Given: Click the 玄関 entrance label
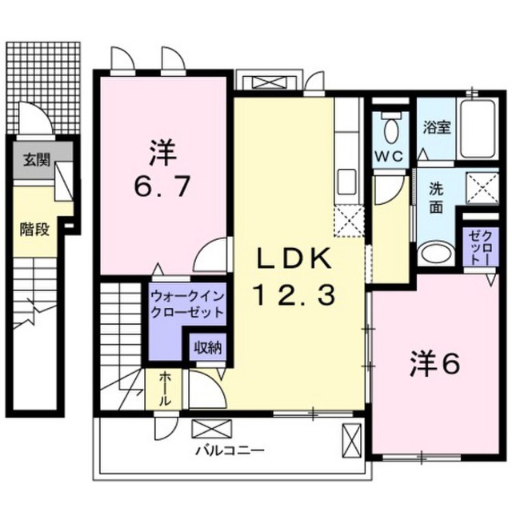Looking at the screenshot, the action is tap(36, 160).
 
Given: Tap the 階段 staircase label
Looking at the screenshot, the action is tap(34, 230).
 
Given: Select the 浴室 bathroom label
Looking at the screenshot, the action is tap(437, 128).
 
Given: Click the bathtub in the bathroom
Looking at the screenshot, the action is tap(477, 128).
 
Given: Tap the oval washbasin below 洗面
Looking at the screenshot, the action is tap(435, 253).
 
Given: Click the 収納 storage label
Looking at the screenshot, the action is tap(208, 348).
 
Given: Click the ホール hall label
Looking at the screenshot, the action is tap(165, 390).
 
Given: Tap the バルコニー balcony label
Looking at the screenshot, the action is tap(230, 451).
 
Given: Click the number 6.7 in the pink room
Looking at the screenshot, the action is tap(162, 186).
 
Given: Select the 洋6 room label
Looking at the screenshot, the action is tap(435, 363).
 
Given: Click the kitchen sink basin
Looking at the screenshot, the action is tap(346, 182).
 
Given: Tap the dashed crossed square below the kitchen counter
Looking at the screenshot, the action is tap(349, 221).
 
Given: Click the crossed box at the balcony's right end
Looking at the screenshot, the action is tap(352, 441).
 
